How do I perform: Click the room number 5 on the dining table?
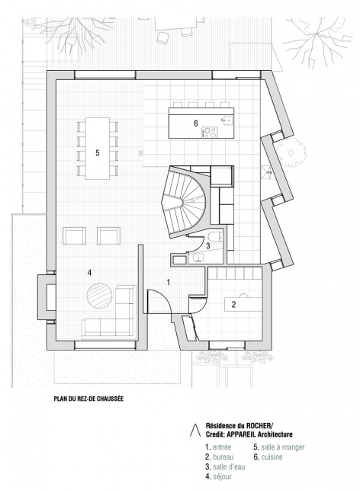[98, 153]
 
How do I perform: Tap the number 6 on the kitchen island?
[196, 123]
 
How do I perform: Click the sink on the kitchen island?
[227, 120]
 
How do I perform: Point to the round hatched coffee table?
[99, 296]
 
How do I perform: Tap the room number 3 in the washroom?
[208, 246]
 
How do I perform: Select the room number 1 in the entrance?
[169, 283]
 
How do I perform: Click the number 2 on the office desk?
[233, 305]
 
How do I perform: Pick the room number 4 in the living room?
[89, 273]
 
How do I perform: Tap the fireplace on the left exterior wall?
[47, 297]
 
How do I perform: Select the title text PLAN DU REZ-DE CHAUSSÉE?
[88, 399]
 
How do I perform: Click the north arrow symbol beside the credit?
[195, 430]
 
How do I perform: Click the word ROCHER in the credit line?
[259, 425]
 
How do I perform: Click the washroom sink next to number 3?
[197, 258]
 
